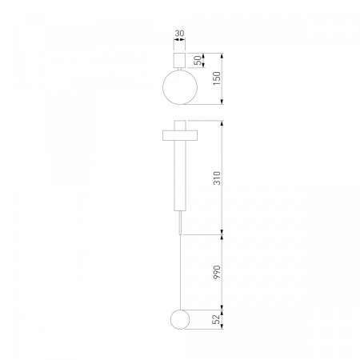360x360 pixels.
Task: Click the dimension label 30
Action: [179, 34]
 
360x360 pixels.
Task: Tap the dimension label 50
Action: [198, 61]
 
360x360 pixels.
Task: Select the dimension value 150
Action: [217, 78]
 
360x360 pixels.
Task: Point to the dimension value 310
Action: [217, 178]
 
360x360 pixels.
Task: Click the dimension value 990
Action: [217, 272]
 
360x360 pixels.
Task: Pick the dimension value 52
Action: [217, 319]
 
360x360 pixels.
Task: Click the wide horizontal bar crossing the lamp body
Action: [180, 135]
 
